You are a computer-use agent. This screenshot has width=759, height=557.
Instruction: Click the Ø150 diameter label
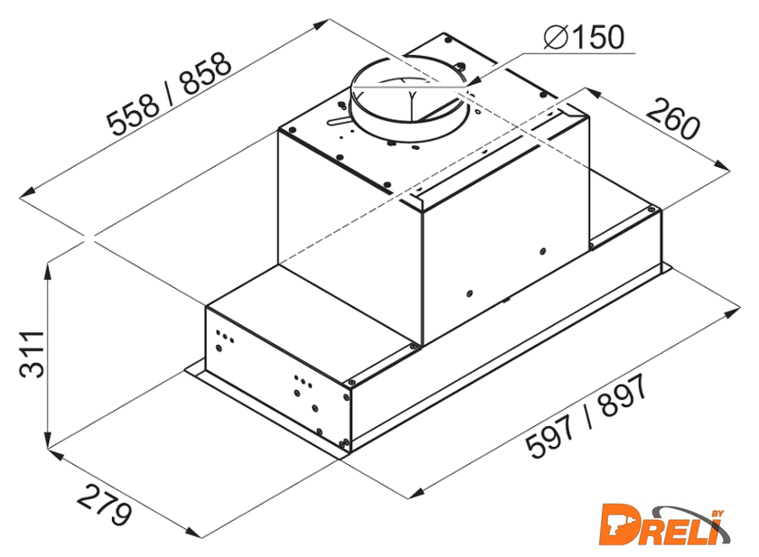click(584, 37)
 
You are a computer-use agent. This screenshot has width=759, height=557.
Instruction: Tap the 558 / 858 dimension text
click(168, 94)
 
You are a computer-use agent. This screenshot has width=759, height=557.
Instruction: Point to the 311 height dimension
click(32, 354)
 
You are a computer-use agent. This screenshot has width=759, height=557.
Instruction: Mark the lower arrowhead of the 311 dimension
click(47, 439)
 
